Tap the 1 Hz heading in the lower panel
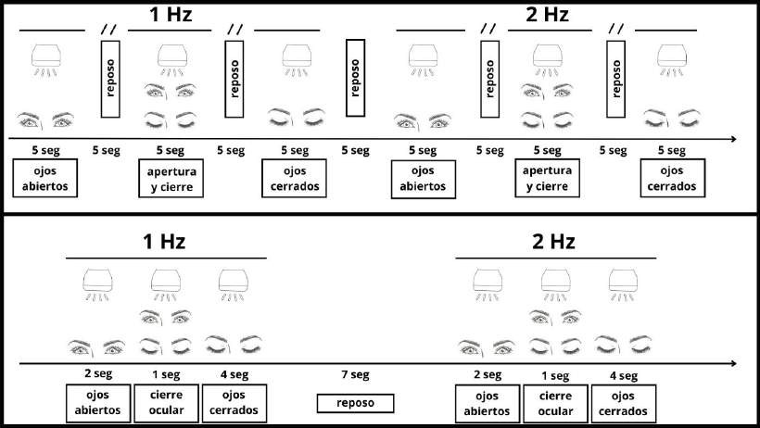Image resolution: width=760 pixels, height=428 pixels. [x=164, y=243]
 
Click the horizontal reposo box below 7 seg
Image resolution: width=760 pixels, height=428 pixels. [x=355, y=404]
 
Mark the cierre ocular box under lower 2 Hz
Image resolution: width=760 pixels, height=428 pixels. [x=554, y=403]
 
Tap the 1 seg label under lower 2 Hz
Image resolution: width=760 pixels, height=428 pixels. [x=554, y=375]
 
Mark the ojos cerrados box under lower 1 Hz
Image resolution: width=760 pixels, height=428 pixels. [x=233, y=403]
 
